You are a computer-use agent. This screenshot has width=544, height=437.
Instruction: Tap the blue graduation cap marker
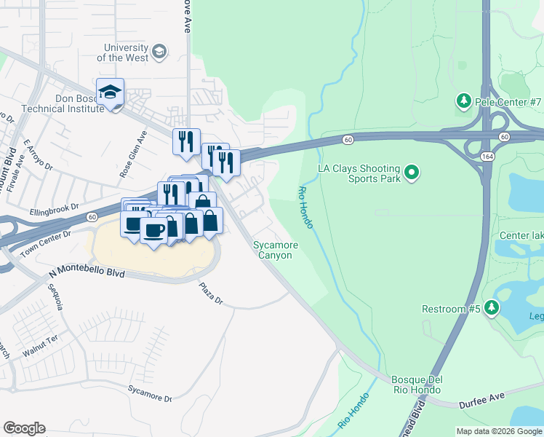pos(110,92)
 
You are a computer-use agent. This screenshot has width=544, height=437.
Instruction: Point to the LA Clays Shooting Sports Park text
pos(359,173)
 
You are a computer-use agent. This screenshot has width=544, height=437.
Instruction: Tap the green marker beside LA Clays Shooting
pos(412,173)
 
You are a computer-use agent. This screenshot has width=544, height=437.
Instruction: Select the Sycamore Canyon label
pos(273,251)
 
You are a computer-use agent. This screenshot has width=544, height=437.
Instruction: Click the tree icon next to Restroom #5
pos(492,309)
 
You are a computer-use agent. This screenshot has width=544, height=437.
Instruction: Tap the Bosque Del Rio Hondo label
pos(417,385)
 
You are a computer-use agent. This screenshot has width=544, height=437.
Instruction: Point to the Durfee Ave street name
pos(481,396)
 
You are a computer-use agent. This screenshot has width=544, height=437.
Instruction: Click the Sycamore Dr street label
pos(150,394)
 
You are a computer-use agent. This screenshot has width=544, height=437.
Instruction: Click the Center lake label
pos(520,236)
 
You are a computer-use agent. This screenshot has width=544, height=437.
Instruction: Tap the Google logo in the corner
pos(24,428)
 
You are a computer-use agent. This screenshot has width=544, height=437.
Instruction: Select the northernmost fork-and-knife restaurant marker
pos(185,140)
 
